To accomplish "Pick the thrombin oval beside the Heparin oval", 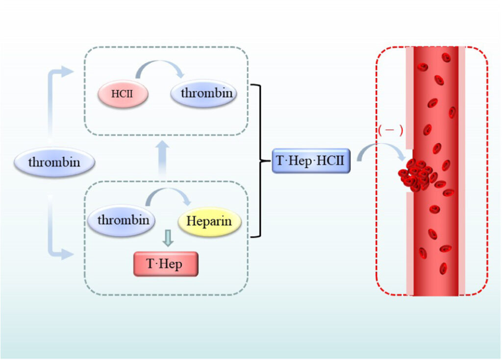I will (x=123, y=220).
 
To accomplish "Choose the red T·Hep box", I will (x=165, y=264).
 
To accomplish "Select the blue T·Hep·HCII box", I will (x=311, y=161).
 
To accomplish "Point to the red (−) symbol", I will (x=390, y=130).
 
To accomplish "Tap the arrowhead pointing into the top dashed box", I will (x=66, y=72).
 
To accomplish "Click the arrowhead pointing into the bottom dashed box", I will (x=66, y=254).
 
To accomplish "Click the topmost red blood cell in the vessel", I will (x=446, y=58).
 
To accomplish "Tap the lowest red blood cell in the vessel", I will (x=443, y=268).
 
